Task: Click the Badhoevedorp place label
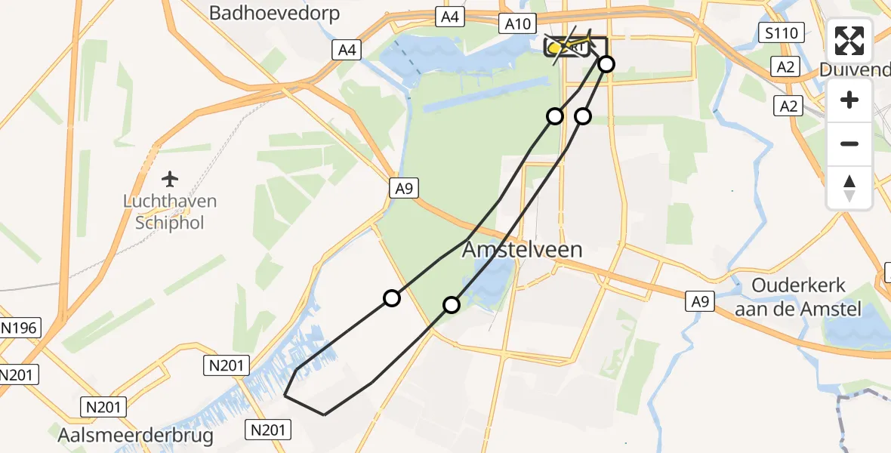(274, 13)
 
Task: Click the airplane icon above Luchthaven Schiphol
(171, 180)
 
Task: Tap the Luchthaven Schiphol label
(171, 213)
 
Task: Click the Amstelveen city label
(523, 249)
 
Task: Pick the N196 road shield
(20, 328)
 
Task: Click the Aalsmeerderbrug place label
(135, 436)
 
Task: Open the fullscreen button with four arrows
(849, 42)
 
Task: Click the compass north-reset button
(849, 188)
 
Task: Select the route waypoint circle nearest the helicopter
(606, 64)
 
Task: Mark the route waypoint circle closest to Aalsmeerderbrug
(391, 298)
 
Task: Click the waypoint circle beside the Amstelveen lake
(451, 305)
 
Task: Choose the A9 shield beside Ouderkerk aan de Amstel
(700, 302)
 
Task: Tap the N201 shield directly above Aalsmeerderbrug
(104, 408)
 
